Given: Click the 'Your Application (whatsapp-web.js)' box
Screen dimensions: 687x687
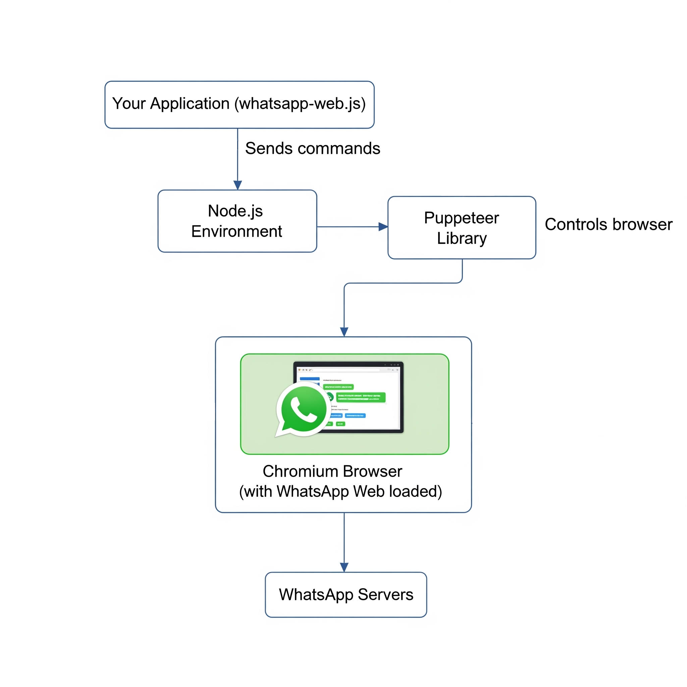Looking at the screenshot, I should pyautogui.click(x=239, y=105).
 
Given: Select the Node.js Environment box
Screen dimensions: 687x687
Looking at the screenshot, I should pyautogui.click(x=237, y=221).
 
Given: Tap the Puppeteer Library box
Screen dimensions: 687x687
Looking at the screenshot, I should pyautogui.click(x=462, y=228).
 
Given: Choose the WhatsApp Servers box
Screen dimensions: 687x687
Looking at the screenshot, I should pyautogui.click(x=346, y=594).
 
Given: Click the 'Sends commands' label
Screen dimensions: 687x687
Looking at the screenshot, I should pyautogui.click(x=313, y=148).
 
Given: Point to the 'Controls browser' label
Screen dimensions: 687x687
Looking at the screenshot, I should pyautogui.click(x=609, y=224).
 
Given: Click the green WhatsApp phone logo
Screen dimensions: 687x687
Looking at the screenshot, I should pyautogui.click(x=303, y=409).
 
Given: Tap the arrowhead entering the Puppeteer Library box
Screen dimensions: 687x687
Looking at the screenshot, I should pyautogui.click(x=383, y=227).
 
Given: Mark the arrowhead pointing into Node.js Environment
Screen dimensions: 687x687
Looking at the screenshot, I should pyautogui.click(x=237, y=185).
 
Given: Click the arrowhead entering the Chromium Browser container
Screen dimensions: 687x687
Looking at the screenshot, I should pyautogui.click(x=344, y=332).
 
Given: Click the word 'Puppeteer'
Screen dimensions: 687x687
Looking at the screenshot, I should pyautogui.click(x=462, y=218).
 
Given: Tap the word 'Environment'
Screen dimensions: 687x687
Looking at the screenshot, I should pyautogui.click(x=236, y=231).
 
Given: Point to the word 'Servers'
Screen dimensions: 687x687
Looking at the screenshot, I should pyautogui.click(x=385, y=594).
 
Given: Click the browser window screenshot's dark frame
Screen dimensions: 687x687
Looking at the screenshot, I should pyautogui.click(x=402, y=398).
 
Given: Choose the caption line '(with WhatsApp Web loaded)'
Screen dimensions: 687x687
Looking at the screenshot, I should pyautogui.click(x=340, y=491).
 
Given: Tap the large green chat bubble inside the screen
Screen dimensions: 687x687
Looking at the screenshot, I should pyautogui.click(x=361, y=397).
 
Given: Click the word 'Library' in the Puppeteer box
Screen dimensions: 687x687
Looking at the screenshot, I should pyautogui.click(x=462, y=238).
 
